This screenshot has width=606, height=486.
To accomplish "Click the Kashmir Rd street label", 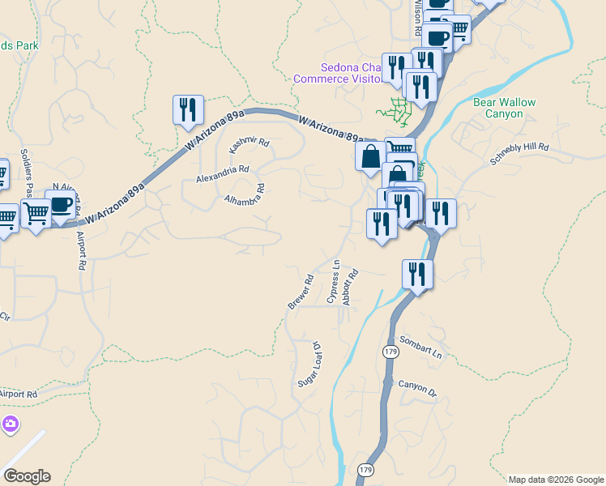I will pyautogui.click(x=249, y=145).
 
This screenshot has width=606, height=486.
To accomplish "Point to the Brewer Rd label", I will pyautogui.click(x=301, y=292).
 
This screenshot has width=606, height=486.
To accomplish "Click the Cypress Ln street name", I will pyautogui.click(x=333, y=281).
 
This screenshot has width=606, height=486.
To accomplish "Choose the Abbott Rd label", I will pyautogui.click(x=350, y=288).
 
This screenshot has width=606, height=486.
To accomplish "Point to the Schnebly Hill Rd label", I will pyautogui.click(x=519, y=155).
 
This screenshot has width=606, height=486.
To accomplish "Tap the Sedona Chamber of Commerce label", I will pyautogui.click(x=337, y=73).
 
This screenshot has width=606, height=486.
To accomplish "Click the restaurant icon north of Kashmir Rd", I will pyautogui.click(x=188, y=109).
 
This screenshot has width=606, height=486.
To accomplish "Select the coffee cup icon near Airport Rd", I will pyautogui.click(x=61, y=203).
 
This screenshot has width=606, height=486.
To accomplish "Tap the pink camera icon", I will pyautogui.click(x=10, y=424).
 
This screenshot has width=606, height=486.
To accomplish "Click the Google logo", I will pyautogui.click(x=27, y=476).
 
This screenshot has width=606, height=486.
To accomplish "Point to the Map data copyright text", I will pyautogui.click(x=557, y=480).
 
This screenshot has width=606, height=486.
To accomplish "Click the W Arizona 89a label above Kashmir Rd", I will pyautogui.click(x=213, y=130).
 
